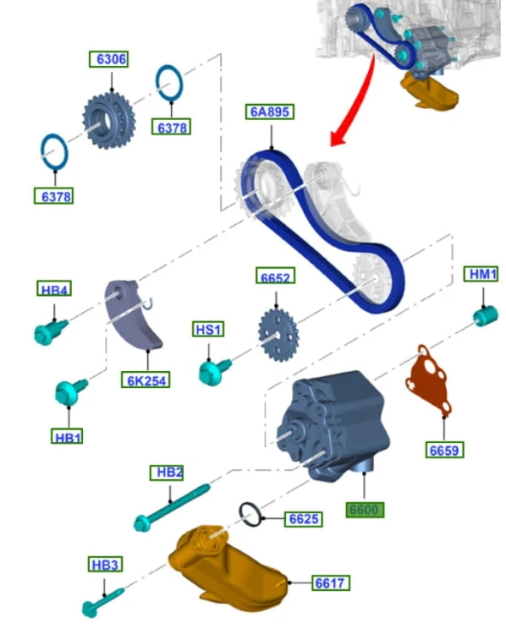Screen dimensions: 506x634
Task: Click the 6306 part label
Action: pyautogui.click(x=108, y=59)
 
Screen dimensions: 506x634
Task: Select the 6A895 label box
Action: pyautogui.click(x=270, y=112)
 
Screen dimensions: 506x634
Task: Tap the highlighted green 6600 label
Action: pyautogui.click(x=365, y=510)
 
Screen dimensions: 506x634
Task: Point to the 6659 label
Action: pyautogui.click(x=444, y=450)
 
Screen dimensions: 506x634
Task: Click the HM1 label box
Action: pyautogui.click(x=481, y=274)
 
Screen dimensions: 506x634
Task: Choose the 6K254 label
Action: pyautogui.click(x=146, y=380)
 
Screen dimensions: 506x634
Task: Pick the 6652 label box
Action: pyautogui.click(x=275, y=276)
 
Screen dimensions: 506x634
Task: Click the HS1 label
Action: pyautogui.click(x=208, y=329)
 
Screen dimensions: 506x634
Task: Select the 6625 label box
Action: pyautogui.click(x=304, y=519)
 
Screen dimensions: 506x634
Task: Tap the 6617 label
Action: pyautogui.click(x=330, y=582)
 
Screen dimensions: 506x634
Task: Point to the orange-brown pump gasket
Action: pyautogui.click(x=428, y=380)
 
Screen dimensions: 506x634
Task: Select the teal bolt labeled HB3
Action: pyautogui.click(x=103, y=603)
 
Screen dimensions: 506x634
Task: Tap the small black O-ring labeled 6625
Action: pyautogui.click(x=251, y=515)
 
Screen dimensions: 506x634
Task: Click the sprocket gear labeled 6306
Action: pyautogui.click(x=109, y=121)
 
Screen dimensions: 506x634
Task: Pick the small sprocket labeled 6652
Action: pyautogui.click(x=278, y=336)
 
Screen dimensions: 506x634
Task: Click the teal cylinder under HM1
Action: pyautogui.click(x=486, y=316)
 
